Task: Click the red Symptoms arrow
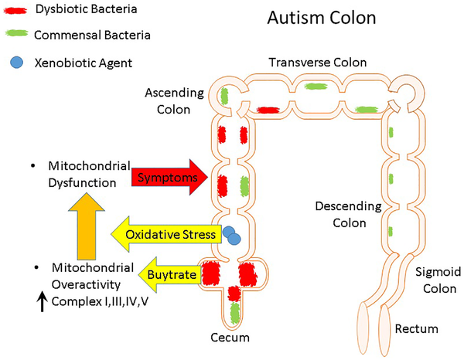(x=166, y=178)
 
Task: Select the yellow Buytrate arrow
(x=169, y=273)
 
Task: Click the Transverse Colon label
(x=319, y=63)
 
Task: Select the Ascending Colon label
(x=174, y=101)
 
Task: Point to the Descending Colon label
(x=347, y=215)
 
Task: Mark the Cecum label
(x=232, y=338)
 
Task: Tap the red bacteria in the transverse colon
(x=268, y=110)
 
